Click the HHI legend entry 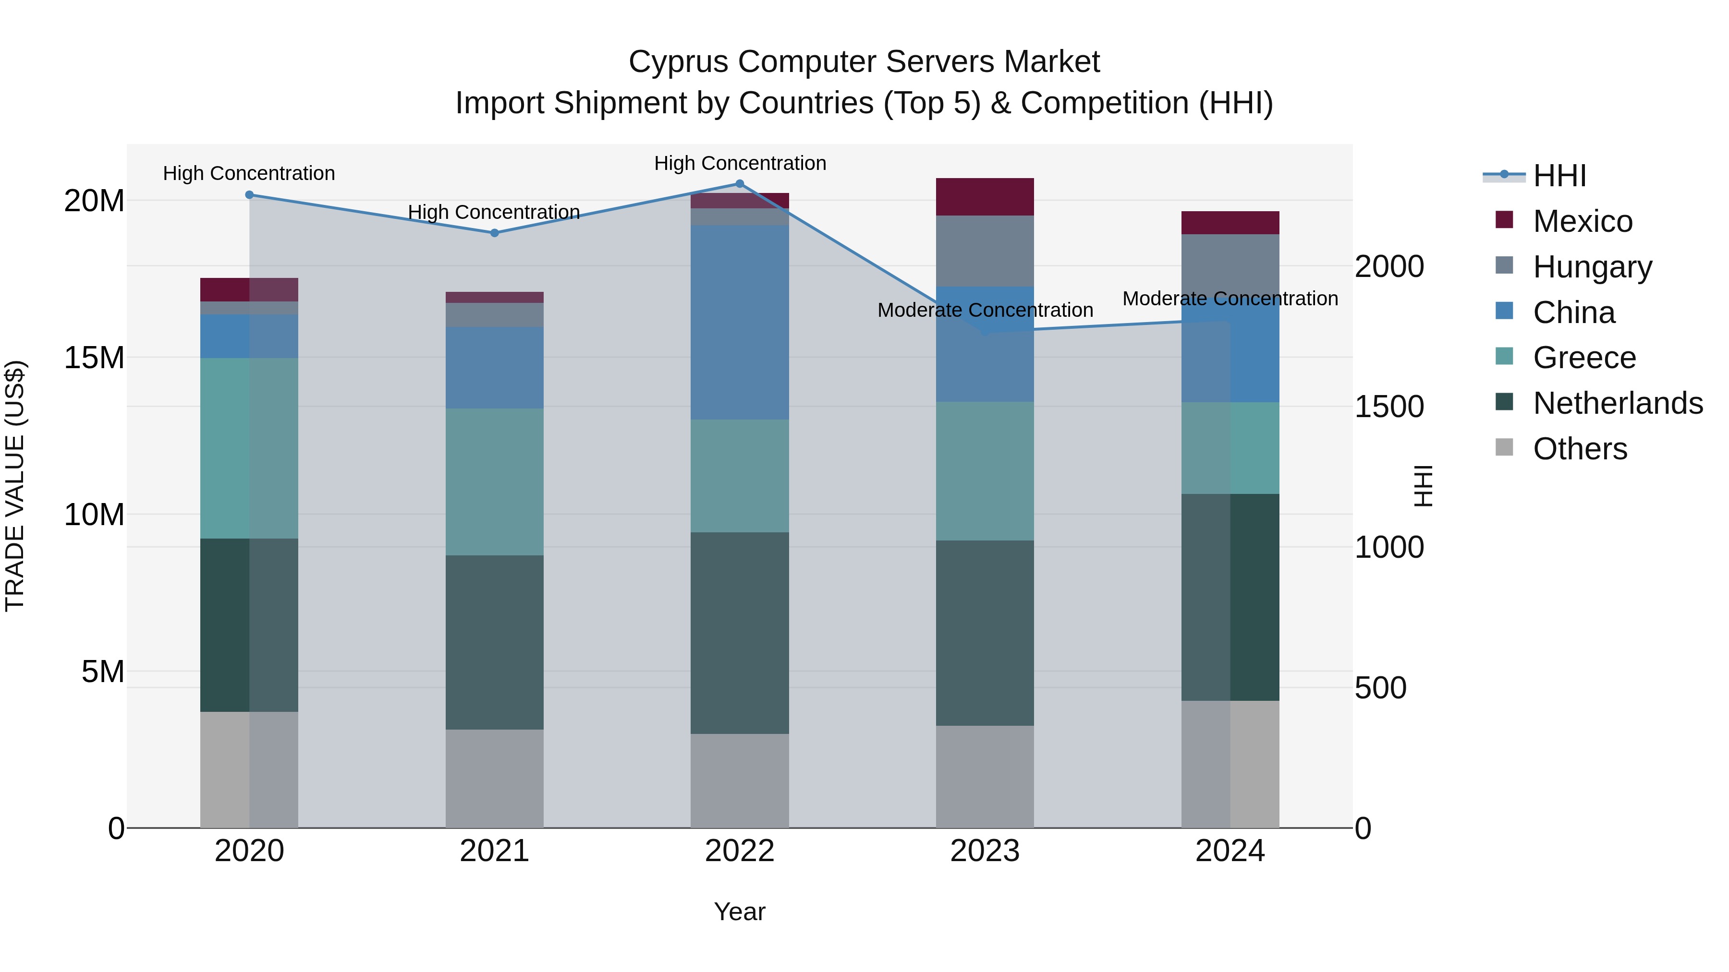(x=1559, y=176)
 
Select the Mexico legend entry (x=1582, y=221)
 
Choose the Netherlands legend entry (x=1617, y=403)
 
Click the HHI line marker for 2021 (x=495, y=233)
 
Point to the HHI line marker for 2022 (x=740, y=183)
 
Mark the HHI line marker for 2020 (x=249, y=194)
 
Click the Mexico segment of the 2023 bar (x=985, y=196)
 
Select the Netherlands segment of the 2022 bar (x=740, y=633)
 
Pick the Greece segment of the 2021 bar (x=495, y=481)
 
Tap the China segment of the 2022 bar (x=740, y=322)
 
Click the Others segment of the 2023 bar (x=985, y=776)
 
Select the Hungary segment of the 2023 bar (x=985, y=251)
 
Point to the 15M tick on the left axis (x=94, y=358)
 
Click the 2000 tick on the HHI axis (x=1388, y=266)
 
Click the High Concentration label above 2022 (x=740, y=163)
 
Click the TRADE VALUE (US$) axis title (x=15, y=486)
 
